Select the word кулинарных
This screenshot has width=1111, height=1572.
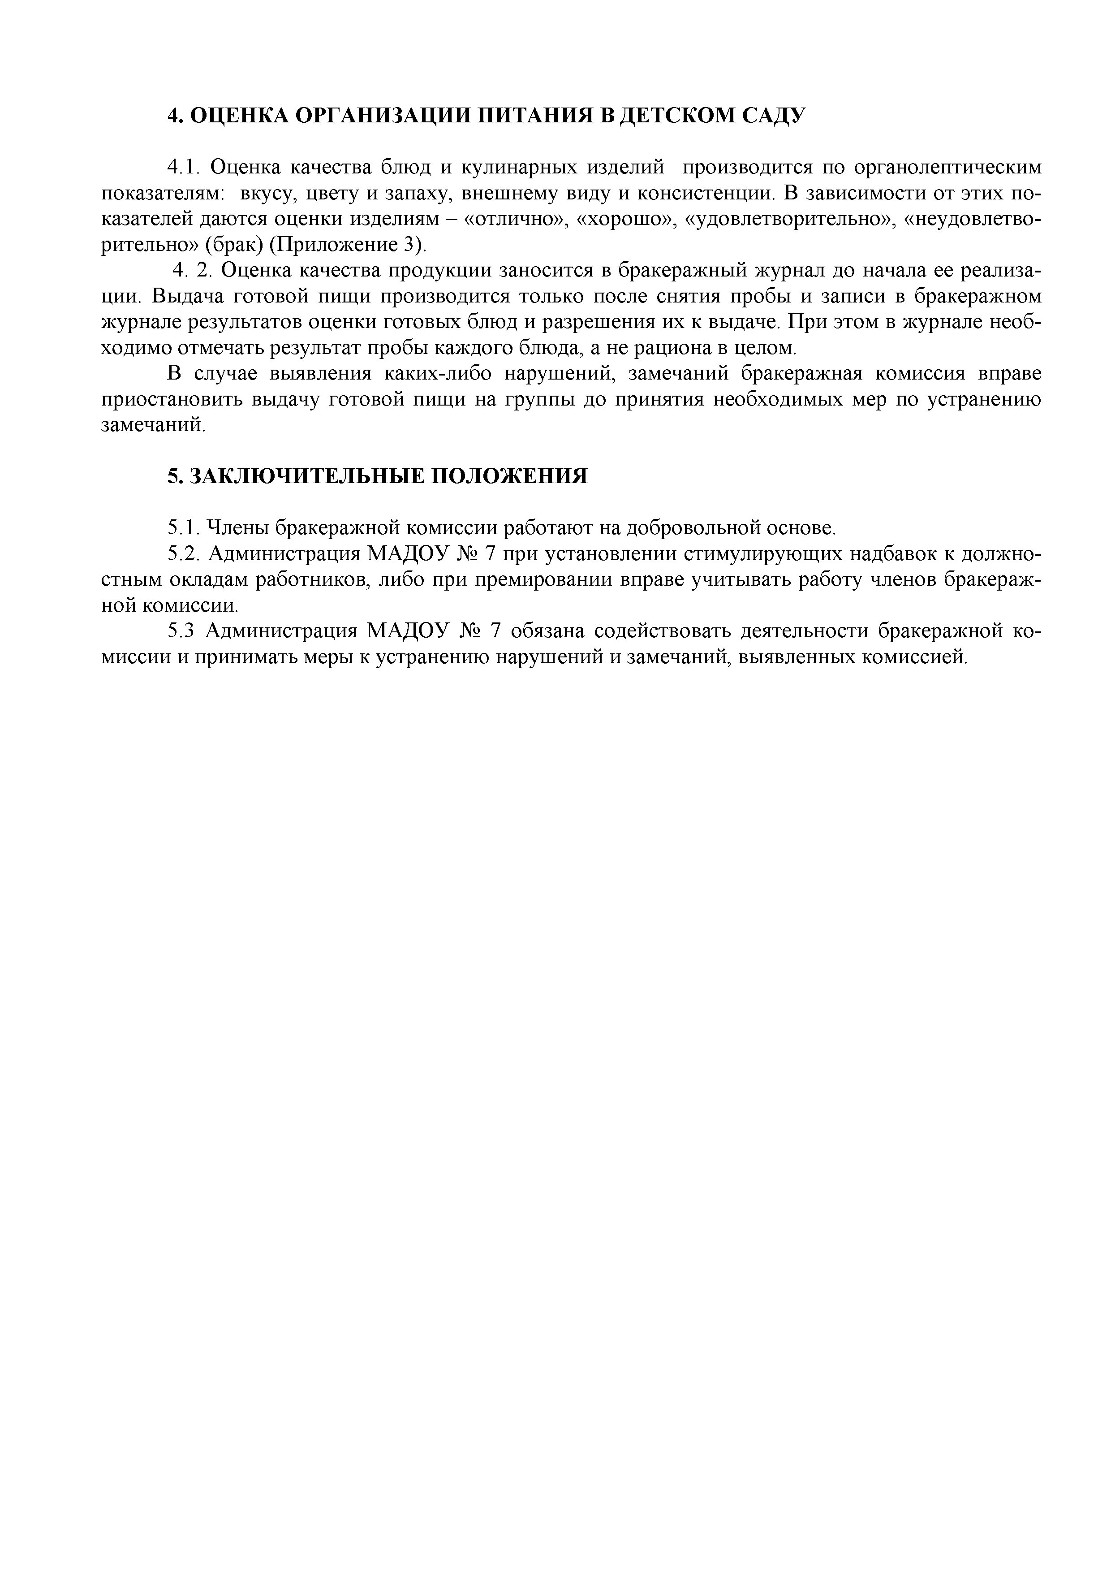515,167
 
